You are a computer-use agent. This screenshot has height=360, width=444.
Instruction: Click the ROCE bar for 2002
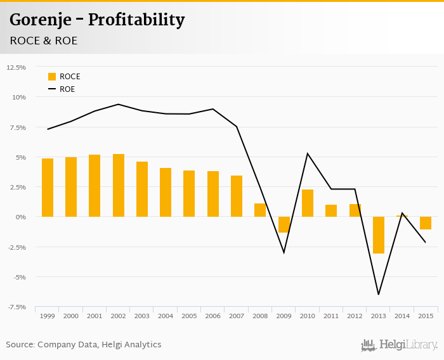pos(119,185)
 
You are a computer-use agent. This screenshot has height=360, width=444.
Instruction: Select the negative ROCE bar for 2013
pos(379,235)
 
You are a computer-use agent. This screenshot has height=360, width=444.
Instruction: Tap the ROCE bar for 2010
pos(308,203)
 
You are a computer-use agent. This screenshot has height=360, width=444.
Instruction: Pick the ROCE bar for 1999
pos(48,188)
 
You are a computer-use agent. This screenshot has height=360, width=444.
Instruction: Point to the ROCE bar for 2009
pos(284,224)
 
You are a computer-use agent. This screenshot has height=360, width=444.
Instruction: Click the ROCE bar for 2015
pos(426,223)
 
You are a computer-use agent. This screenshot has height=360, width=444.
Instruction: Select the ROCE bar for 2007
pos(237,196)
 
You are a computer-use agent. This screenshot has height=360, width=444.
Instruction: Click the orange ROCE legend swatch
pos(52,77)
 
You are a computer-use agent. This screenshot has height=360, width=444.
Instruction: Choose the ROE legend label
pos(67,89)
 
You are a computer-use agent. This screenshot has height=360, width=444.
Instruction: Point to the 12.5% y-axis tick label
pos(16,67)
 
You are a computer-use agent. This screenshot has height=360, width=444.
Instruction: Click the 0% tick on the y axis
pos(21,217)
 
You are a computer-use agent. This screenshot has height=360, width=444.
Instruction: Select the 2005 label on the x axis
pos(189,316)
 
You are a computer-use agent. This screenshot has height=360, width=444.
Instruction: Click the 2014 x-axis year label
pos(402,316)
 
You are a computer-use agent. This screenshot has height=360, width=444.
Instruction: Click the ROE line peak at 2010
pos(308,153)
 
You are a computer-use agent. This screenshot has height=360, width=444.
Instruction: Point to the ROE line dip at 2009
pos(284,252)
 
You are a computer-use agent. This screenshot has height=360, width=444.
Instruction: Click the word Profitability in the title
pos(136,20)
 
